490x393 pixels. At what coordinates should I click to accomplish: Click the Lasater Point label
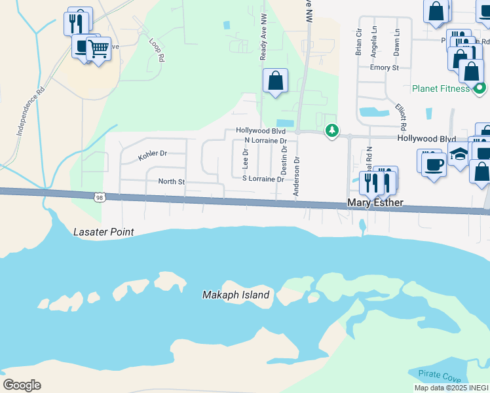[x=104, y=232]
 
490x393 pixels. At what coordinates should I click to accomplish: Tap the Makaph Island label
[x=235, y=295]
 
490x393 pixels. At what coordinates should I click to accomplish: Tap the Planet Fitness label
[x=441, y=88]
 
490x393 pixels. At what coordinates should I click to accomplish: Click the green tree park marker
[x=332, y=131]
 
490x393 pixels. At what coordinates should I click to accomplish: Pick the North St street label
[x=172, y=181]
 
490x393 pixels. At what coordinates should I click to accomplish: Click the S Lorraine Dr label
[x=263, y=179]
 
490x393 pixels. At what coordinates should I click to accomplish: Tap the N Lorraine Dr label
[x=265, y=141]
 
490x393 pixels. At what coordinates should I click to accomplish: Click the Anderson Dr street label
[x=296, y=176]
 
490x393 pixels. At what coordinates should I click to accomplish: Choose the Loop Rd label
[x=156, y=50]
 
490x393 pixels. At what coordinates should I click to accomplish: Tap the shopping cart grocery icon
[x=98, y=47]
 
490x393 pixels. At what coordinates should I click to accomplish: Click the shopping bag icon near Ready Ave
[x=276, y=81]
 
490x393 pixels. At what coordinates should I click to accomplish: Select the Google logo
[x=22, y=385]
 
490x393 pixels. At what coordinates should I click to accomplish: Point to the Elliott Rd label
[x=401, y=115]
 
